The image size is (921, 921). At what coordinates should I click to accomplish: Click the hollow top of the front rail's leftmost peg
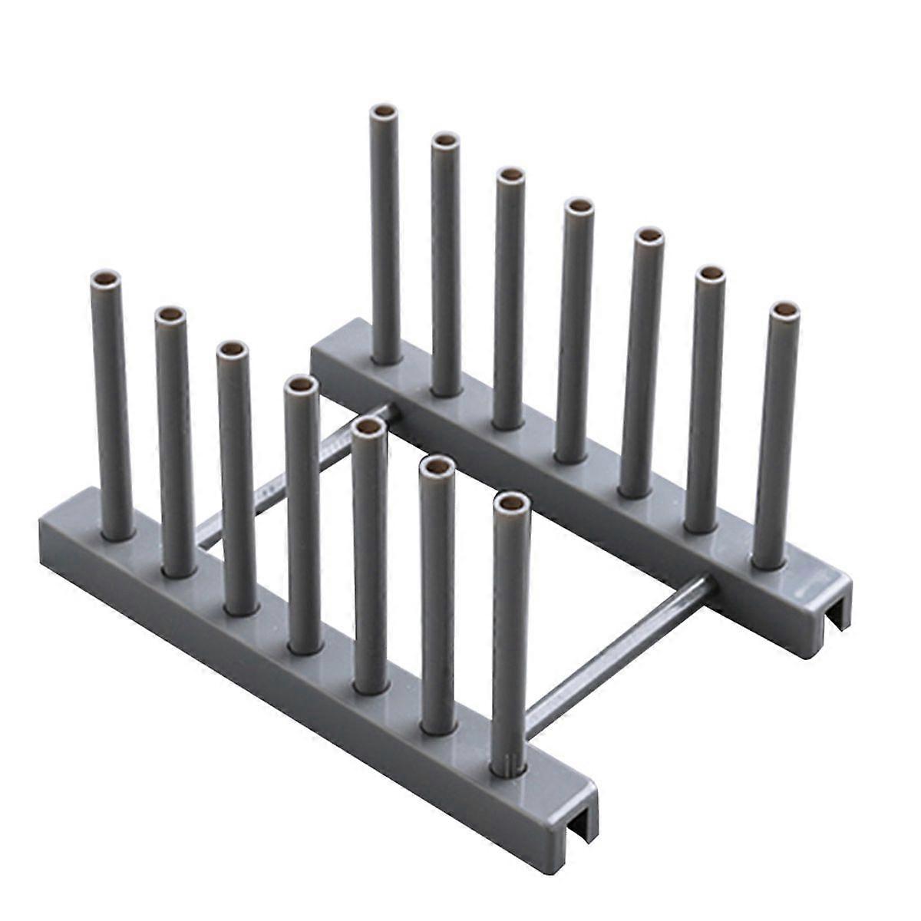pyautogui.click(x=106, y=278)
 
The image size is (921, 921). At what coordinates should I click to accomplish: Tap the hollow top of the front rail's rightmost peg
pyautogui.click(x=511, y=503)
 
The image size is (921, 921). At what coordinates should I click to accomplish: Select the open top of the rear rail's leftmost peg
pyautogui.click(x=384, y=112)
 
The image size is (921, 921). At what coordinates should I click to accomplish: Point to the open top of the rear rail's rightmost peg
pyautogui.click(x=784, y=310)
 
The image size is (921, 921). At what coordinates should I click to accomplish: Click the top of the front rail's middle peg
pyautogui.click(x=302, y=383)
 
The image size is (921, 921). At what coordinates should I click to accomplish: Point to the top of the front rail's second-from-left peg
pyautogui.click(x=170, y=315)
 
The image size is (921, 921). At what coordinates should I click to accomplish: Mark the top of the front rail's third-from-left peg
pyautogui.click(x=231, y=350)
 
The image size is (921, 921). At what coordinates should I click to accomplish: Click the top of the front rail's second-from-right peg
pyautogui.click(x=438, y=464)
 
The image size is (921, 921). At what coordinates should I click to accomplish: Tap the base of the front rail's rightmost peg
pyautogui.click(x=508, y=764)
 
